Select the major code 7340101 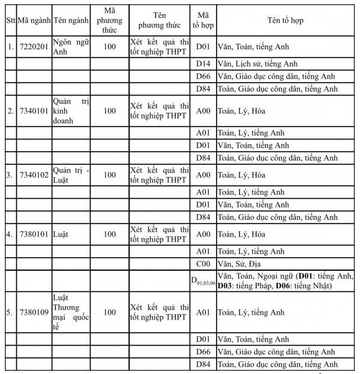(x=33, y=111)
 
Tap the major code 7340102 (x=33, y=175)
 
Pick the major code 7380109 (x=33, y=312)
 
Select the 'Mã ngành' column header (x=33, y=20)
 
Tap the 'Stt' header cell (x=10, y=20)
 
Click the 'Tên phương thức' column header (x=159, y=20)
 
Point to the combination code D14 (x=203, y=64)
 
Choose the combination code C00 (x=203, y=264)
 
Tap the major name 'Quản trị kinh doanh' (x=70, y=111)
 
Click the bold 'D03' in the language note (x=225, y=285)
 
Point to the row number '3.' (x=10, y=175)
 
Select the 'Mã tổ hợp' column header (x=203, y=20)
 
